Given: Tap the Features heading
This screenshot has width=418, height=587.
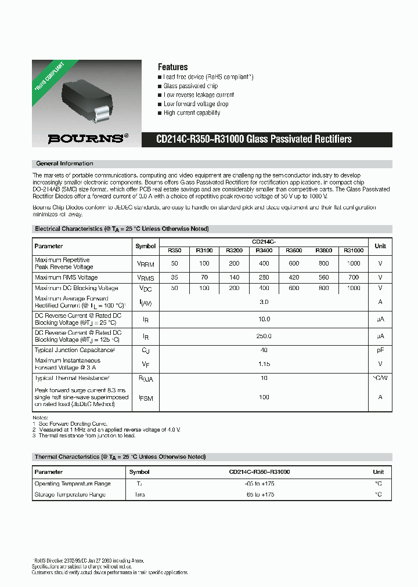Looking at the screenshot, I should click(172, 67).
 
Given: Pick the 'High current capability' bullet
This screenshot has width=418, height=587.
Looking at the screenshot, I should click(191, 113).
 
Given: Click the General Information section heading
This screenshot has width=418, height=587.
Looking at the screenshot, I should click(64, 164).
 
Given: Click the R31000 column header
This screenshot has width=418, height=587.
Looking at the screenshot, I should click(353, 251).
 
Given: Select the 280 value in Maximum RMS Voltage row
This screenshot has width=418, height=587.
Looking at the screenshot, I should click(264, 278).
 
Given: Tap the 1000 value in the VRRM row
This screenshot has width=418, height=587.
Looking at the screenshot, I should click(353, 263).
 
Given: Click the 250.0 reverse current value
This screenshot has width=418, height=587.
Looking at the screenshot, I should click(264, 336).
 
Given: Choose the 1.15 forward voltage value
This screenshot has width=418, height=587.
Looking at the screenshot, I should click(264, 364).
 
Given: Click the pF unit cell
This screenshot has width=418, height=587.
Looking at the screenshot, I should click(380, 350).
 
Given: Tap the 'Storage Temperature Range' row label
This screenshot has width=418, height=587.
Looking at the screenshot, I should click(70, 495).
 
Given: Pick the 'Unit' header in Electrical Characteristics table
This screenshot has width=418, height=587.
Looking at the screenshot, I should click(380, 246).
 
